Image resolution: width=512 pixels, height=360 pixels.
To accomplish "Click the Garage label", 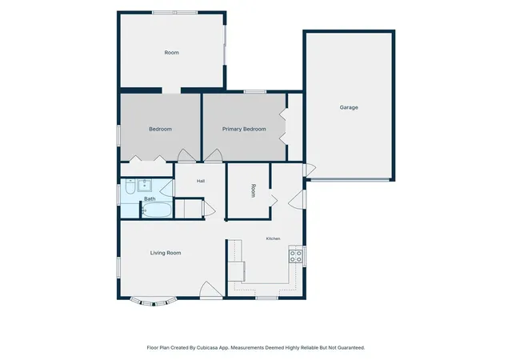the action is [349, 107].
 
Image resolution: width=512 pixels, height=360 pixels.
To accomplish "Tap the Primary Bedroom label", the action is [244, 129].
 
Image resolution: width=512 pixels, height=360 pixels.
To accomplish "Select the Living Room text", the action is [166, 253].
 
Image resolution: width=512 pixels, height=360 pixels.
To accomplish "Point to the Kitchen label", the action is [273, 239].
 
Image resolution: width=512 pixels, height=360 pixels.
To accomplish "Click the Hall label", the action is [201, 181].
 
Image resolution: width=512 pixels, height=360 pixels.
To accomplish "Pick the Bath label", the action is [150, 198].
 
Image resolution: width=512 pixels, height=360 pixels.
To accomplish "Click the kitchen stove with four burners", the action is [295, 257].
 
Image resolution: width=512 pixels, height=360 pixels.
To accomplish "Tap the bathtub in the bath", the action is [157, 210].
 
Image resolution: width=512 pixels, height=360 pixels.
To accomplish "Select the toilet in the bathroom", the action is [130, 186].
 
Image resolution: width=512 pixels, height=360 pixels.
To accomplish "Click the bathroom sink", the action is [144, 186].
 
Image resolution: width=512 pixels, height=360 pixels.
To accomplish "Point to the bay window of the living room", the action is [154, 302].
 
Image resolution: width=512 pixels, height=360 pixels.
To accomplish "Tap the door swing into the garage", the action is [310, 170].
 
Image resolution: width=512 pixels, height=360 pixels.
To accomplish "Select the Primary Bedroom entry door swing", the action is [214, 155].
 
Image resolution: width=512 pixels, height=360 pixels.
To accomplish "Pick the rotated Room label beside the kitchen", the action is [253, 190].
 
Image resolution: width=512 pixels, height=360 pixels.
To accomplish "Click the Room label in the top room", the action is [171, 53].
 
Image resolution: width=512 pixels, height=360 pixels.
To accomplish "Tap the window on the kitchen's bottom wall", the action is [266, 298].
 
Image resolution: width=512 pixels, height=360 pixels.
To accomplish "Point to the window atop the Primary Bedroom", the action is [255, 92].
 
